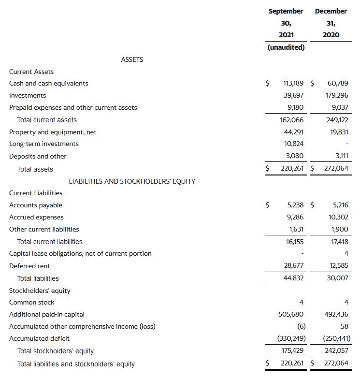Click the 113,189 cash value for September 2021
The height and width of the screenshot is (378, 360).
293,83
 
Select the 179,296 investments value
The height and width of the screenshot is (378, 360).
337,95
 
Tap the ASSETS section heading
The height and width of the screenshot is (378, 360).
132,59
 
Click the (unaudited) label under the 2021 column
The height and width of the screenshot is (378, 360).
286,47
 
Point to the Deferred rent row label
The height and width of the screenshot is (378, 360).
29,266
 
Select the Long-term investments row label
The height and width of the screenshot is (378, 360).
44,144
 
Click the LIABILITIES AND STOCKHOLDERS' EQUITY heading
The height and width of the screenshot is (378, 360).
132,181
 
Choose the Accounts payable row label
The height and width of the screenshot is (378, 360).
36,205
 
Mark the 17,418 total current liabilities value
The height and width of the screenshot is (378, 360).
338,241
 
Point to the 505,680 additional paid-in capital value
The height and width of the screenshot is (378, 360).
291,314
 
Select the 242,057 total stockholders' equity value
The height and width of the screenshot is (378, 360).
337,351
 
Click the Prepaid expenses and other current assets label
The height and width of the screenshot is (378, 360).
73,107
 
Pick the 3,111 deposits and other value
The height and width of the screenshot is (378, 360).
340,156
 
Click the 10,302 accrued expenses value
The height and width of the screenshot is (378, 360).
338,217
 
